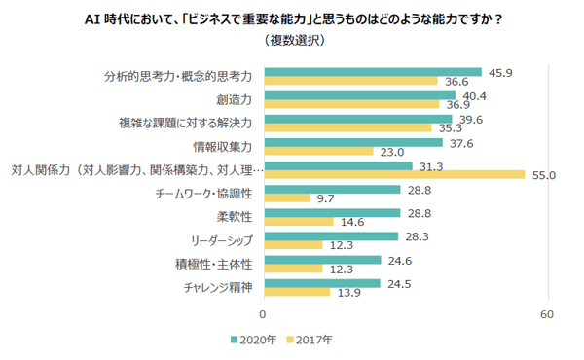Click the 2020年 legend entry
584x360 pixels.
pos(256,341)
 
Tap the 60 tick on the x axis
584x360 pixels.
pos(547,315)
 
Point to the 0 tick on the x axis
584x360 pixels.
pos(263,315)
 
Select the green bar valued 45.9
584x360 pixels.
pos(372,71)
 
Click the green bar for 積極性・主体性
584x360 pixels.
pos(321,259)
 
